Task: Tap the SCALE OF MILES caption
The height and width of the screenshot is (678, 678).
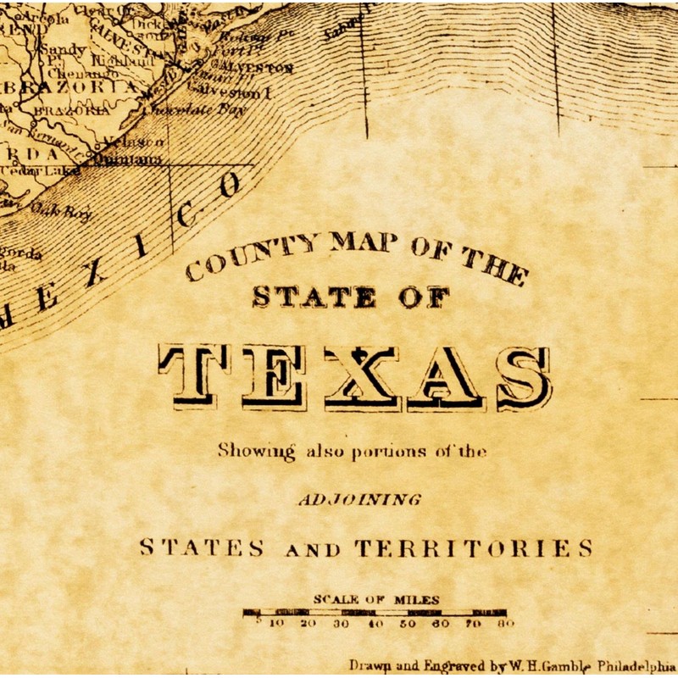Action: click(376, 599)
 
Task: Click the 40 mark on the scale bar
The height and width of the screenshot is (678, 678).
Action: click(375, 624)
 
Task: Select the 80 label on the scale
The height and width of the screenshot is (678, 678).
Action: click(506, 624)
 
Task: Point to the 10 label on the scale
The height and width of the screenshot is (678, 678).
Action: click(276, 624)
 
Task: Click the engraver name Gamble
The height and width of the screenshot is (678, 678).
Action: click(570, 665)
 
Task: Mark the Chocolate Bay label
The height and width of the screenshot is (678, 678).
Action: click(194, 109)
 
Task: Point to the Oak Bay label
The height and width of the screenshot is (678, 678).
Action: click(61, 210)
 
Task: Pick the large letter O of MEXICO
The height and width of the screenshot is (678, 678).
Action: click(226, 186)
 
